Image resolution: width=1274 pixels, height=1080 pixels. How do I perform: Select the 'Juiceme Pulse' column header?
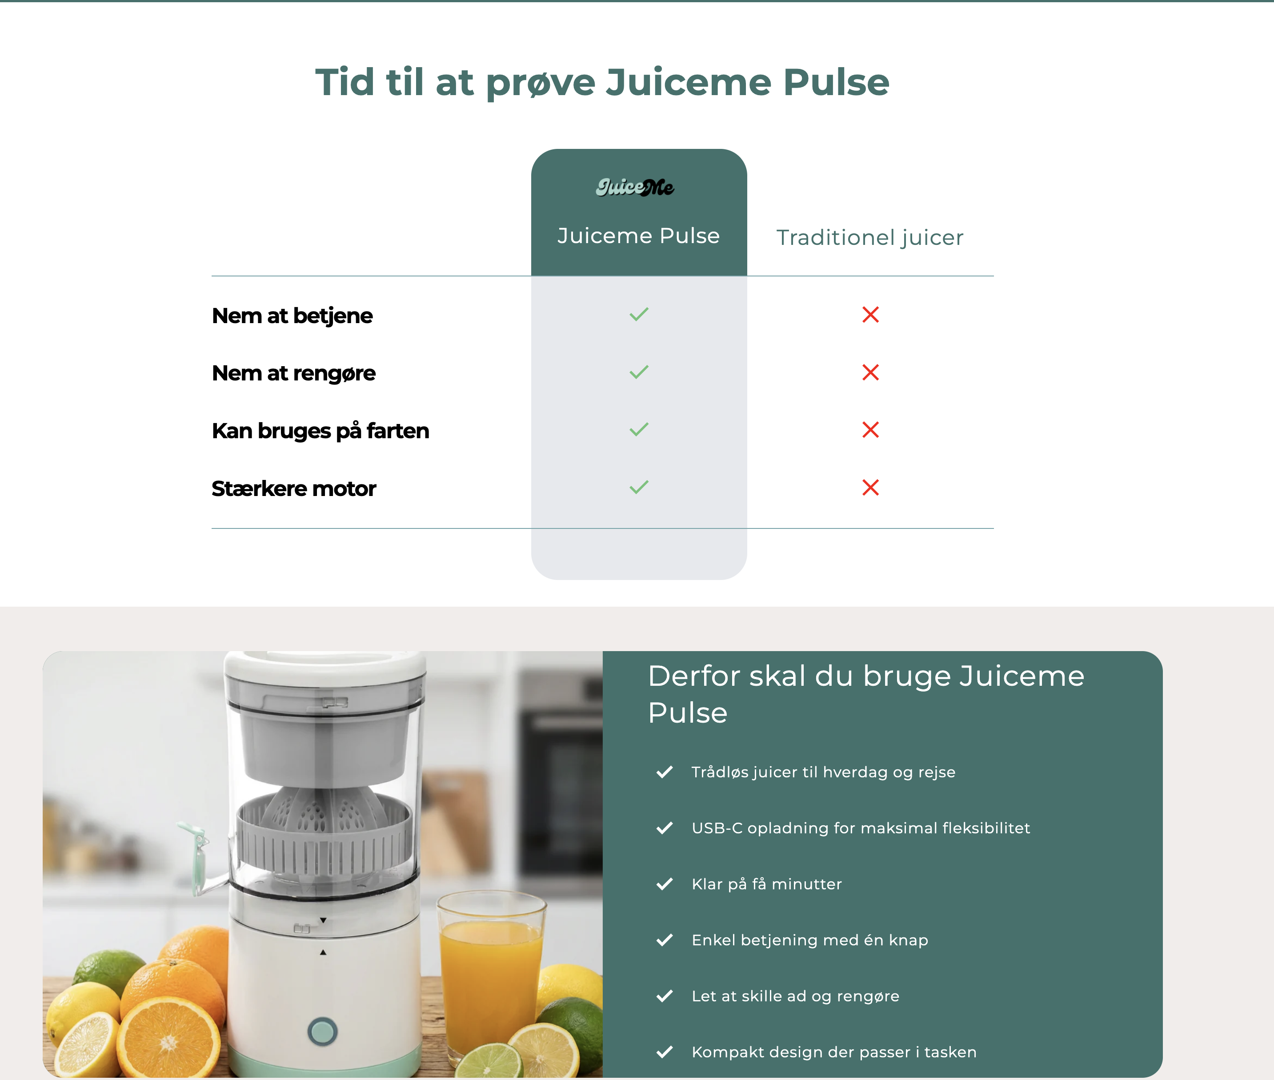point(638,236)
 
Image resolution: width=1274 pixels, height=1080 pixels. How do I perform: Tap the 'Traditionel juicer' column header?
point(870,237)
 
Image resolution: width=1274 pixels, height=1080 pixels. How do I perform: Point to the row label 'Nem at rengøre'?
point(294,373)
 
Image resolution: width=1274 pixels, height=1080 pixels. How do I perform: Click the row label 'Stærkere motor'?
point(294,488)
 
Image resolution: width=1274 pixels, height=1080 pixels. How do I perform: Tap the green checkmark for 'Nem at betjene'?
point(638,315)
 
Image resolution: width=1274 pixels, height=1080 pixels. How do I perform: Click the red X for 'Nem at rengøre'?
point(870,372)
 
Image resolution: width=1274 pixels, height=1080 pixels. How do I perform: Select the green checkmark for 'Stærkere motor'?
point(638,488)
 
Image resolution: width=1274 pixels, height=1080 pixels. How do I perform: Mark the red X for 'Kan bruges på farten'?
point(870,430)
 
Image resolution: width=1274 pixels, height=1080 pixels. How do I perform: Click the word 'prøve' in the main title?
point(540,83)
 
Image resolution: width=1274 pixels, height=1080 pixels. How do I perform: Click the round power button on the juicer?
point(323,1031)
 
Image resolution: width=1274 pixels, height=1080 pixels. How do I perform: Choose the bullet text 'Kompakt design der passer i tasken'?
point(834,1052)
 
